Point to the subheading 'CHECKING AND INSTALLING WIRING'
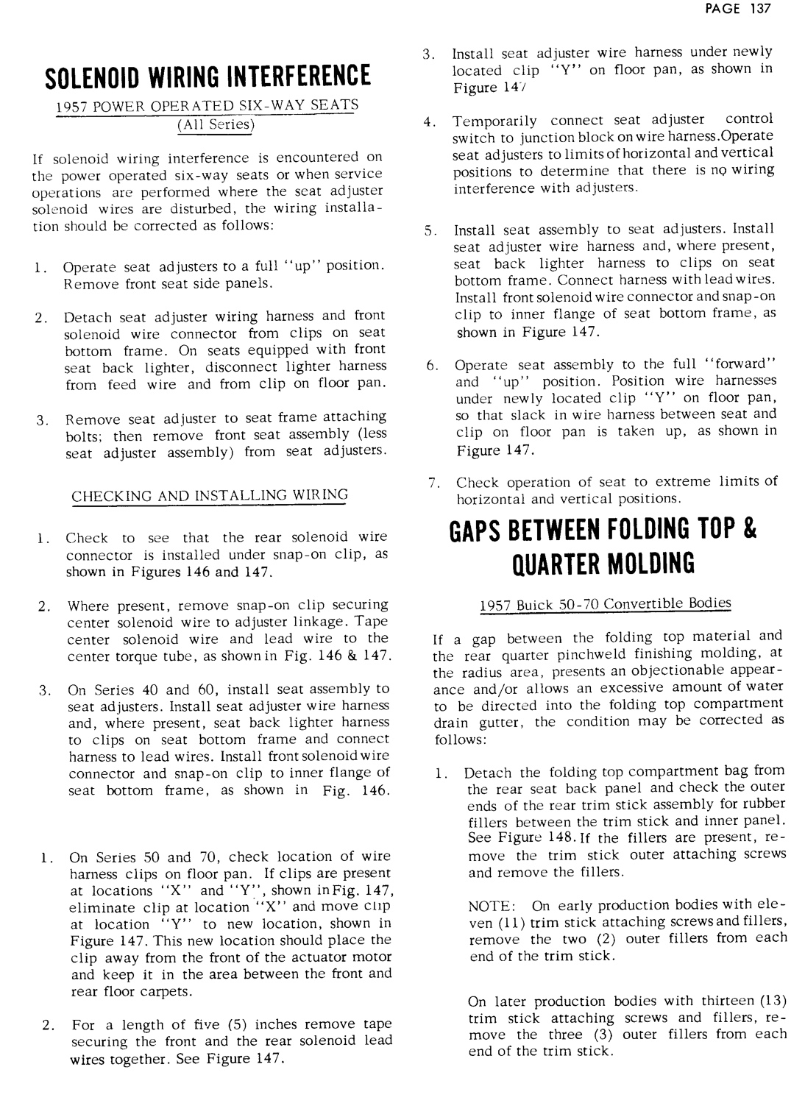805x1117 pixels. [x=209, y=495]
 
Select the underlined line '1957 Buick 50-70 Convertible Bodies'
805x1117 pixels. [x=606, y=604]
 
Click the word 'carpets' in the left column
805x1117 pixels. [x=168, y=991]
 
